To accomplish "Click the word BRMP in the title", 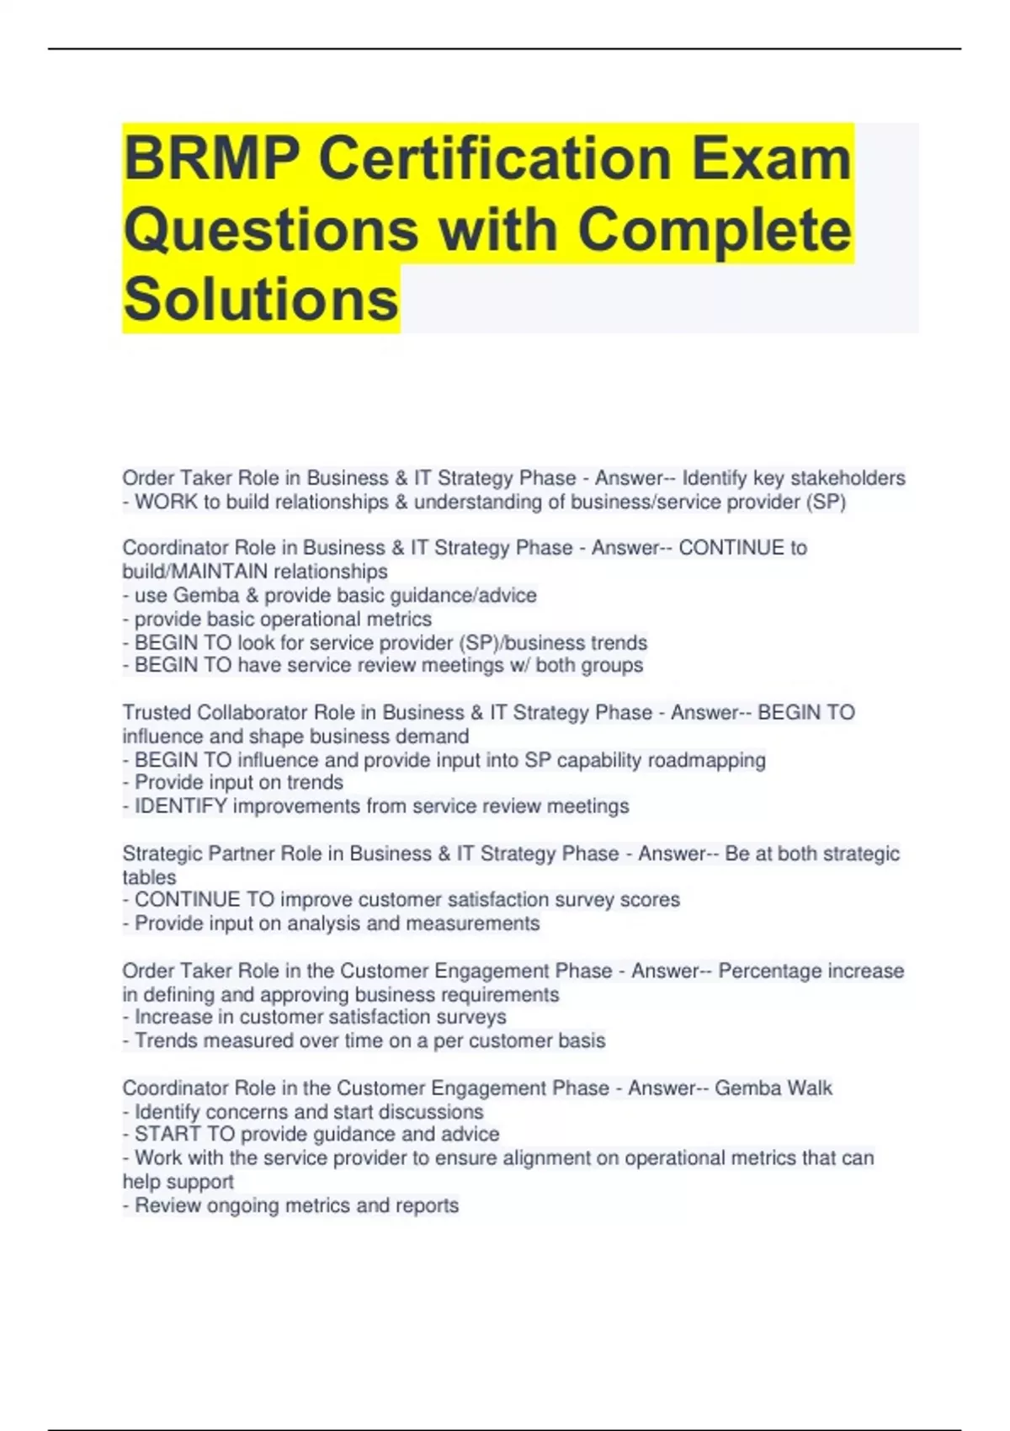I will click(212, 158).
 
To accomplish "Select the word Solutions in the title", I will click(261, 299).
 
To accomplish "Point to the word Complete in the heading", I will click(714, 229).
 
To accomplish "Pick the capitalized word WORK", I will click(166, 502).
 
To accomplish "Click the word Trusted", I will click(157, 712).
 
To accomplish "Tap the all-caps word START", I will click(167, 1135).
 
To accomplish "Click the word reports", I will click(427, 1205).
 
